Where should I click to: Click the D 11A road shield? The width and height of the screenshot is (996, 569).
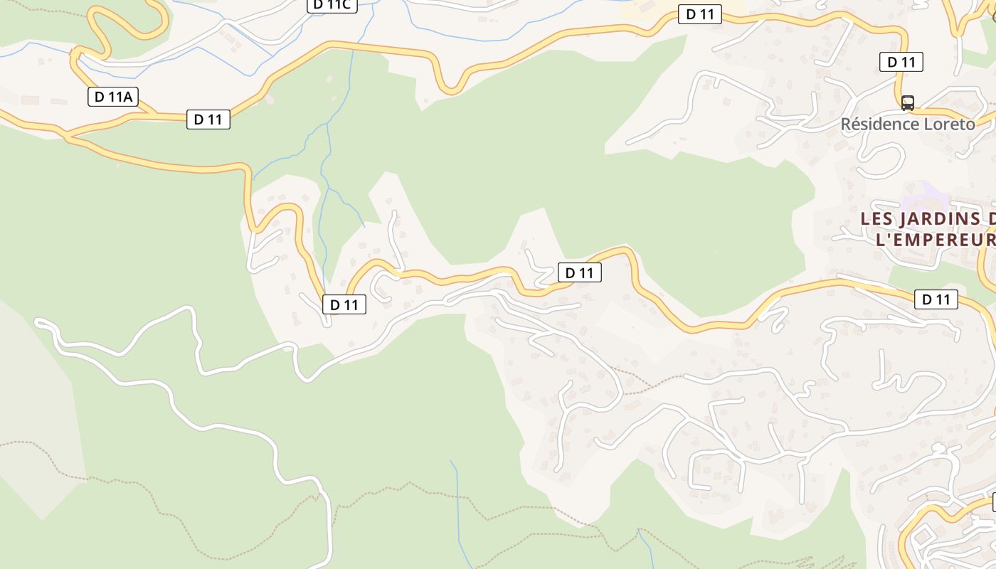113,97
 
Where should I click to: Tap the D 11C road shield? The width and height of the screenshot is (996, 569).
332,4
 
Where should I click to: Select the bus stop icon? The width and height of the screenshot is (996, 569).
907,102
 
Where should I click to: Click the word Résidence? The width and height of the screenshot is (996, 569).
879,124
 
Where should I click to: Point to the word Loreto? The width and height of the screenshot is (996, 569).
949,124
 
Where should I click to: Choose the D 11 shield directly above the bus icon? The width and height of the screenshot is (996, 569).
901,62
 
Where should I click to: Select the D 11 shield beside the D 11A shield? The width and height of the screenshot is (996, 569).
208,119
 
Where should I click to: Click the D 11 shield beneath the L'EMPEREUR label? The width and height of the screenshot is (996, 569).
936,299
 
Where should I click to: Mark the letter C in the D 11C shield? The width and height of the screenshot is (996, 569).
346,4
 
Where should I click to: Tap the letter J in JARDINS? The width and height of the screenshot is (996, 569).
905,218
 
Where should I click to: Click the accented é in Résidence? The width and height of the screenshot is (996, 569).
858,124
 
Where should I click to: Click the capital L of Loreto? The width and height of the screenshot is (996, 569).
928,124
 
